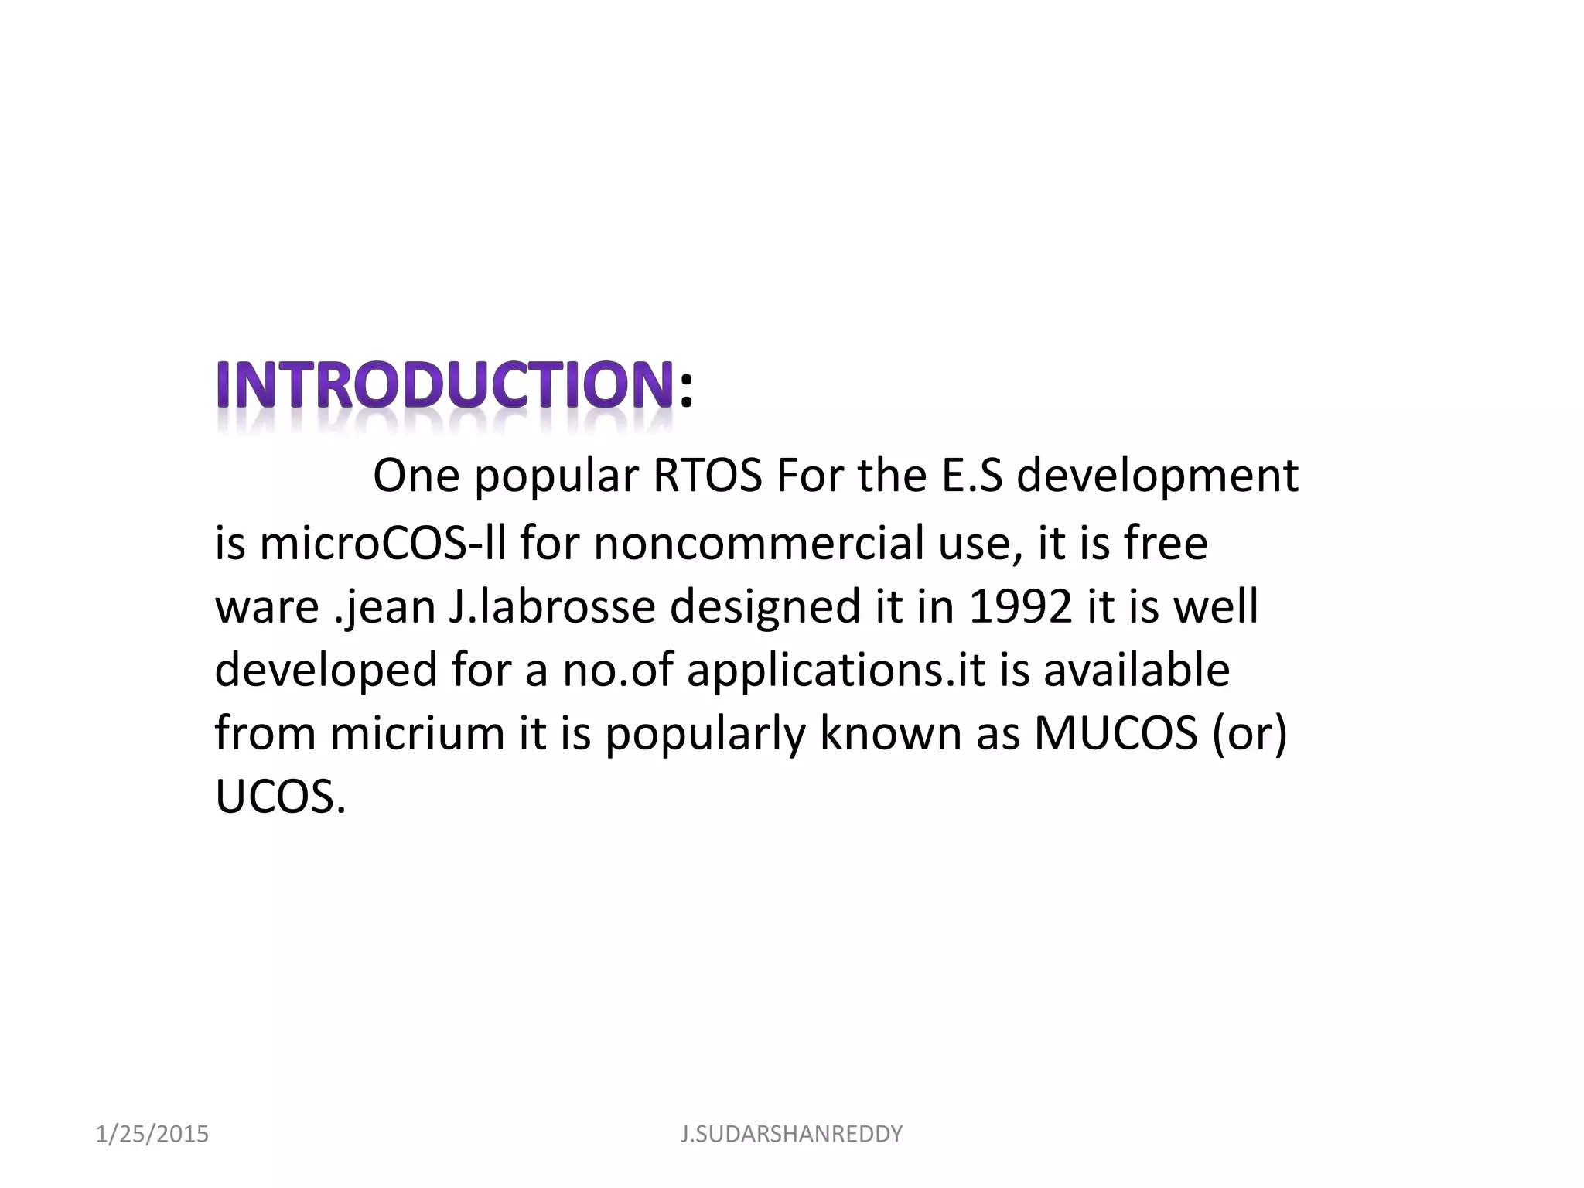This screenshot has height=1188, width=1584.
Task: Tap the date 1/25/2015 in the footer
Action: click(x=152, y=1134)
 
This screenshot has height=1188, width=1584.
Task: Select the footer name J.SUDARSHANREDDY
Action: click(x=791, y=1134)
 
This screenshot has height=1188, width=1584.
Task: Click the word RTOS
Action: click(x=708, y=476)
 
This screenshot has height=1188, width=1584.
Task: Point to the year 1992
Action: click(x=1020, y=606)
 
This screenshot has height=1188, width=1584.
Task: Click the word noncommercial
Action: click(x=759, y=543)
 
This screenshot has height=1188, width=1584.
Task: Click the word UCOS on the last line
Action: click(x=280, y=797)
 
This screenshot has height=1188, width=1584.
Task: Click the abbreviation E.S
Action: click(x=971, y=476)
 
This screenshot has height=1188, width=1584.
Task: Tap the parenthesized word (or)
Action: click(x=1249, y=732)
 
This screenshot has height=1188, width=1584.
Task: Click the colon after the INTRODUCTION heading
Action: click(x=685, y=389)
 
